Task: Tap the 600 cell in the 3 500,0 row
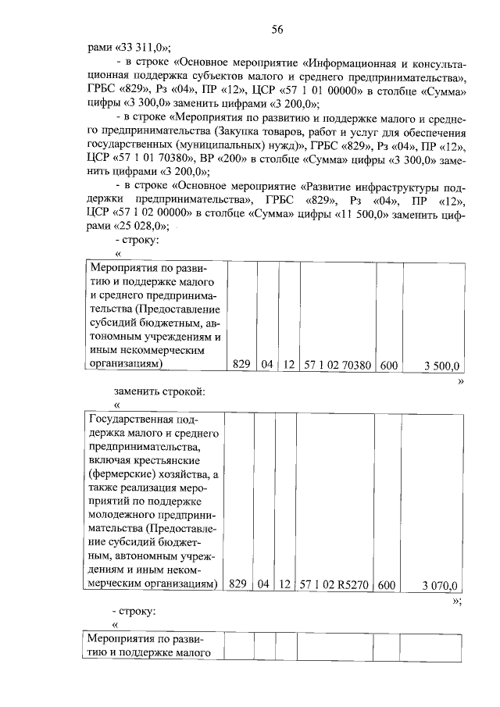[x=387, y=365]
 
